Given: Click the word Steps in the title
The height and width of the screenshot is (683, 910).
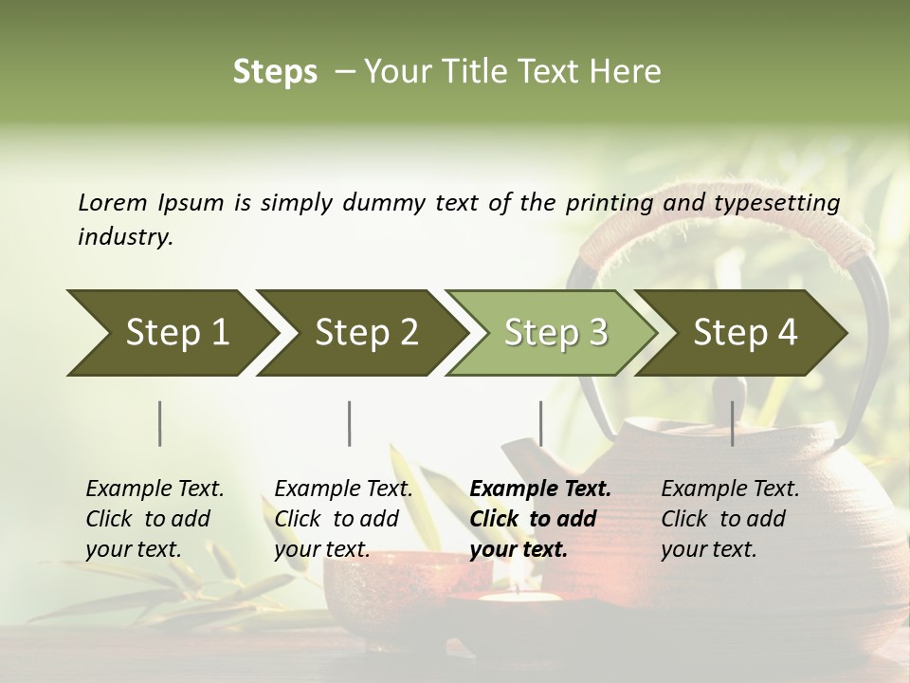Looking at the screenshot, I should [275, 72].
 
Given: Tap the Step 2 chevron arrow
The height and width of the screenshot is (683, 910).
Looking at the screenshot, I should [360, 333].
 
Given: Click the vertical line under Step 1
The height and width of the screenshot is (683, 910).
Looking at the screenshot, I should [160, 423].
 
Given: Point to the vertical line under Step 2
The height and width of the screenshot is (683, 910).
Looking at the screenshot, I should [350, 423].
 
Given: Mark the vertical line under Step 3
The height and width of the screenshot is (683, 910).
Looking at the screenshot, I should [540, 423].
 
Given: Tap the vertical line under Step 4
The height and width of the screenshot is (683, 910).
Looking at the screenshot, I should [732, 423].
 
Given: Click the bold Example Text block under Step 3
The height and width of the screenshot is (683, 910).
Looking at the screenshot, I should [540, 519].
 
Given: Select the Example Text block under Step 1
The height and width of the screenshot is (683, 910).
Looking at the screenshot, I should [155, 519].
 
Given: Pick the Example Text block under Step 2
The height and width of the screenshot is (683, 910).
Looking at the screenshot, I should [343, 519].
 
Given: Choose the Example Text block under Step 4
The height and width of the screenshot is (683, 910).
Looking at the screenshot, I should [730, 519].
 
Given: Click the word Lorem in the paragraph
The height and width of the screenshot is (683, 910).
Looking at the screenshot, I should [113, 203].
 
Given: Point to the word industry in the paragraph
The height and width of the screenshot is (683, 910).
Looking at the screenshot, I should [125, 237].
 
